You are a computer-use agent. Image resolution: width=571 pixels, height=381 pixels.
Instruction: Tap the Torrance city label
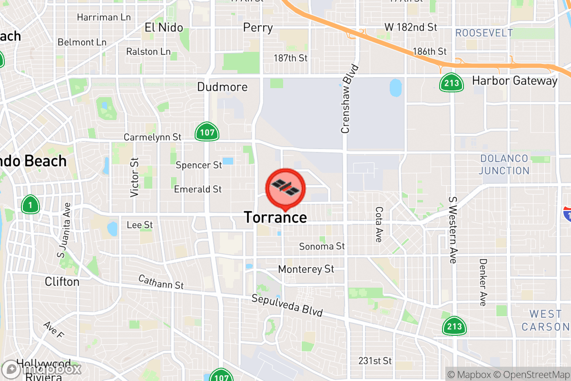(275, 218)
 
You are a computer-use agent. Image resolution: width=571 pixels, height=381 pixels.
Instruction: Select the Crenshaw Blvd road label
(346, 99)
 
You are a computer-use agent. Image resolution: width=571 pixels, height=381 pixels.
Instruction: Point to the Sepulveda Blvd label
(287, 306)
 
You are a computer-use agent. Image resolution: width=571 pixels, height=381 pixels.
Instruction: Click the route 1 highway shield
(30, 205)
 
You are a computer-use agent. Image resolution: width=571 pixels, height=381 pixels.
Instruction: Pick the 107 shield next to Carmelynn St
(207, 132)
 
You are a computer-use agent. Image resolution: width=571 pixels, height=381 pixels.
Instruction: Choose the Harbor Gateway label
(514, 81)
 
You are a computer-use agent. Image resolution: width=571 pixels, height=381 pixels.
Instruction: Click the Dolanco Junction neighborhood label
(504, 164)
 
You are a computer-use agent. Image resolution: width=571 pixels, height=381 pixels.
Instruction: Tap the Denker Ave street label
(483, 282)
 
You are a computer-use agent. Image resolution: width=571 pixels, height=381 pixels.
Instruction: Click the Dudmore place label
(222, 87)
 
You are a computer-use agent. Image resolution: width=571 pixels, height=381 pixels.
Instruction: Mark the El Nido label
(164, 28)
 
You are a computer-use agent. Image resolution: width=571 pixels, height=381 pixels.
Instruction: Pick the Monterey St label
(306, 269)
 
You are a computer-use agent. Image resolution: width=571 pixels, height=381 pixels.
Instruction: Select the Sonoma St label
(322, 246)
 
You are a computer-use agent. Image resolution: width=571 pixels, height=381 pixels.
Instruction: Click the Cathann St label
(161, 282)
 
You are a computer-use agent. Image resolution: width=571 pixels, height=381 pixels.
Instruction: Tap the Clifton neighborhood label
(62, 282)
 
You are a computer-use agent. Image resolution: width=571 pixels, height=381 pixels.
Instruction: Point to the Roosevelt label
(484, 33)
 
